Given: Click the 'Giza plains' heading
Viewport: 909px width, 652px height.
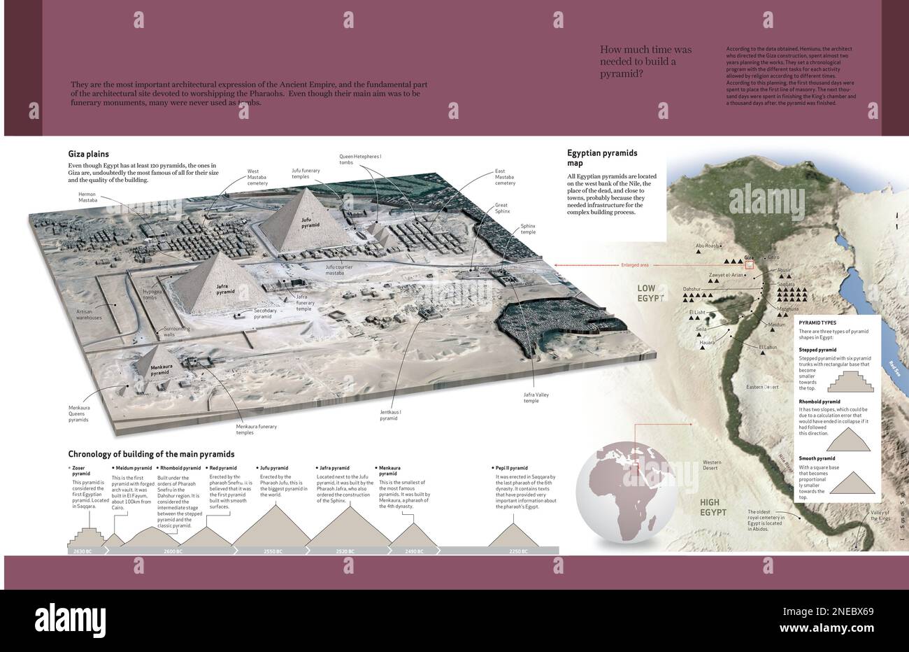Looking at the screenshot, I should click(88, 154).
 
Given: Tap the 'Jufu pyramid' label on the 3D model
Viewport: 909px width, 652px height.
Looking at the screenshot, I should click(310, 223).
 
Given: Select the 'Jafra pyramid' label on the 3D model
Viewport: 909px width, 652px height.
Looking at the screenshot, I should click(225, 288).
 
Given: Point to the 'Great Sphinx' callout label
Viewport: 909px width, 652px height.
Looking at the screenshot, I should click(501, 208).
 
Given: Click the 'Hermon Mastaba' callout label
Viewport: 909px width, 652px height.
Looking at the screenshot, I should click(87, 197).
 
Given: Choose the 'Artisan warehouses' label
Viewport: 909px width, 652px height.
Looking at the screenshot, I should click(85, 314).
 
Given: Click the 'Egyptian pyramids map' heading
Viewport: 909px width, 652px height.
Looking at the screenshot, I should click(602, 157).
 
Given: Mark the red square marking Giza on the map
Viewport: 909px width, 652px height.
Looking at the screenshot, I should click(750, 264).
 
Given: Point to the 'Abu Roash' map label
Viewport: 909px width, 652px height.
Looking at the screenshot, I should click(707, 246).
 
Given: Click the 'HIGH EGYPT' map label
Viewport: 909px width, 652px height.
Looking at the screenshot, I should click(713, 507).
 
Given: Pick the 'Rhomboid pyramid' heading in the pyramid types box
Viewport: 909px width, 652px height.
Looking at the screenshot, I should click(819, 402).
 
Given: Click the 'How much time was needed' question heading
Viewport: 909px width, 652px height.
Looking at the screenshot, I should click(645, 61).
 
